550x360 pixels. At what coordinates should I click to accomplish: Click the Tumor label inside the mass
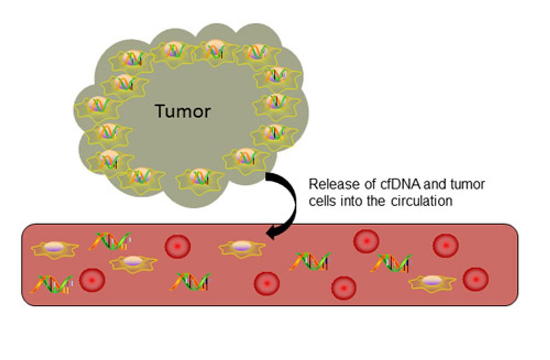point(182,111)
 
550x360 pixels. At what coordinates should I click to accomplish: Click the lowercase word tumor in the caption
point(468,185)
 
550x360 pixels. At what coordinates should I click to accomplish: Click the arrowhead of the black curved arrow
point(271,234)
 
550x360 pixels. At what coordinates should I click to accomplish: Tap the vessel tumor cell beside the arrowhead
point(242,248)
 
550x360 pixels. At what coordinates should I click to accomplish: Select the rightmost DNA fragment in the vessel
point(391,263)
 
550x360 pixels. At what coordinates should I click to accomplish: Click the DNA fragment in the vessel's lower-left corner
point(52,284)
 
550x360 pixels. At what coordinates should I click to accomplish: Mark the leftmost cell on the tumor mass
point(98,106)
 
